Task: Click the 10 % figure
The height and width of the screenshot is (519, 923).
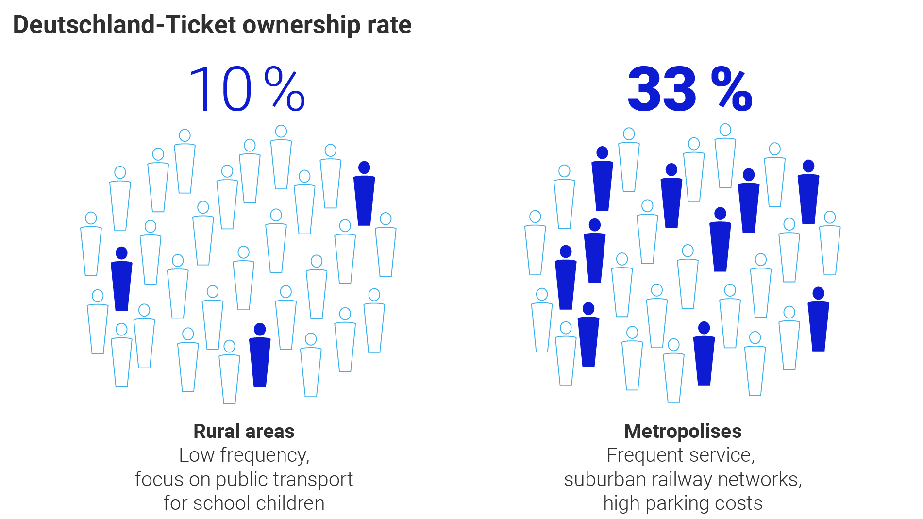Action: coord(246,90)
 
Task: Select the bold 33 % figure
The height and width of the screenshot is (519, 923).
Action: coord(689,90)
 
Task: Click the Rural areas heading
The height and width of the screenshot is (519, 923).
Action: coord(244,431)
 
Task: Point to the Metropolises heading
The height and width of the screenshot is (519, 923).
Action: coord(683,431)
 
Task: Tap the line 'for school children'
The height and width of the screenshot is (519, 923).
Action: coord(244,503)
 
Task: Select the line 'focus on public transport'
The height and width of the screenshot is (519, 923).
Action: coord(244,479)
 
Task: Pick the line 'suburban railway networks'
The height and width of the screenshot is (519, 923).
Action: coord(683,479)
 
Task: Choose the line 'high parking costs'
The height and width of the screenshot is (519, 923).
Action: coord(683,503)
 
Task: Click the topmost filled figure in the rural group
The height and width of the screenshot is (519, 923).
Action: coord(364,194)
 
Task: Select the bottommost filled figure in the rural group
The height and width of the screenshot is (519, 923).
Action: coord(260,357)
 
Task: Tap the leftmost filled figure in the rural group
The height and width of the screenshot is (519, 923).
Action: coord(121,281)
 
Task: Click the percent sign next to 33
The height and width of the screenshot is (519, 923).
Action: coord(732,90)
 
